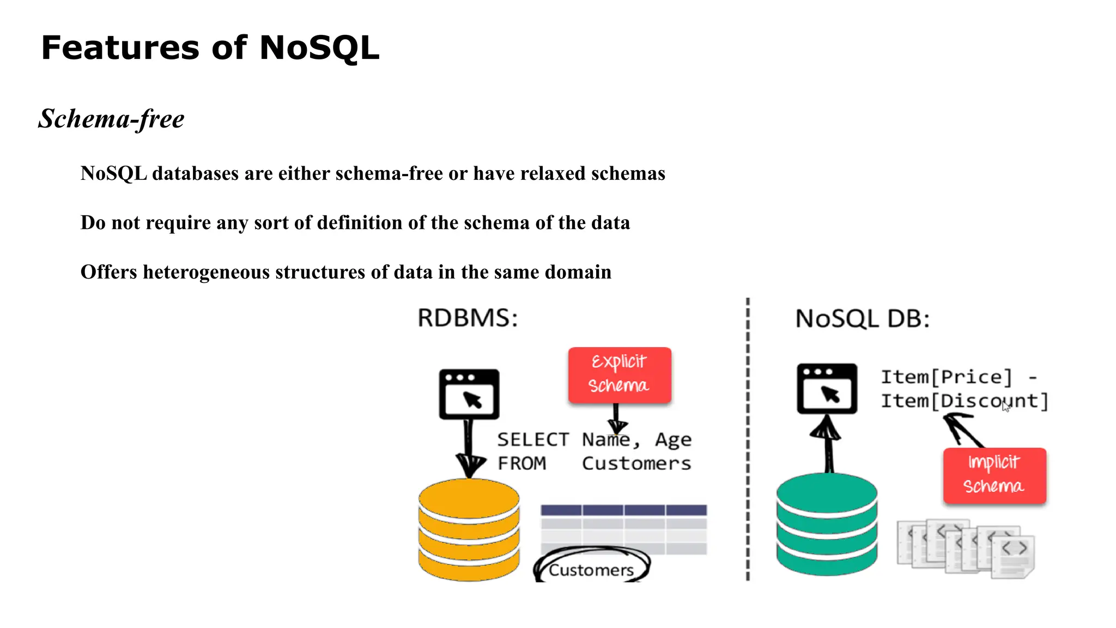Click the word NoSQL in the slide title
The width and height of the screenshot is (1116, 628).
tap(319, 48)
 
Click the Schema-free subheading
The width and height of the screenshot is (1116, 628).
tap(112, 119)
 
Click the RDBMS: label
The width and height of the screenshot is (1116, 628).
tap(468, 318)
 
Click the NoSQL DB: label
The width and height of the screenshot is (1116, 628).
tap(862, 319)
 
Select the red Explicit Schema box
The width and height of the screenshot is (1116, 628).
tap(620, 375)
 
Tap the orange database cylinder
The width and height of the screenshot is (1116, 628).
tap(469, 530)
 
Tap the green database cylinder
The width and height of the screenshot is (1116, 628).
tap(827, 524)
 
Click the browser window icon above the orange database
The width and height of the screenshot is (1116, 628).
tap(469, 394)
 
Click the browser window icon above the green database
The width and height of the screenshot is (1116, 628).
tap(827, 389)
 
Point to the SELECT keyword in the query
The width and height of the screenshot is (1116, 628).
tap(532, 439)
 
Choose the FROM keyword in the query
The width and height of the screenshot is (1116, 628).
tap(521, 463)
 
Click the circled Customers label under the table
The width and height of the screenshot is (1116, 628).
tap(591, 570)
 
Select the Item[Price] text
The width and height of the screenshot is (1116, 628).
tap(946, 377)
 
